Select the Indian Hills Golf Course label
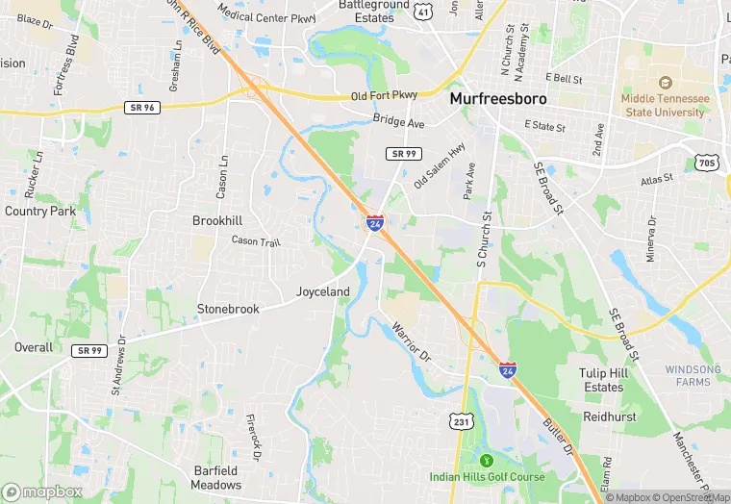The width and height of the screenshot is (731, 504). coord(487,477)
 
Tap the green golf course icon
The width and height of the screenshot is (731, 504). coord(487,461)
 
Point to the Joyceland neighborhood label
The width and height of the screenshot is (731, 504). coord(322,291)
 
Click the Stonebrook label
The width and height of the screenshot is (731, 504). coord(228,309)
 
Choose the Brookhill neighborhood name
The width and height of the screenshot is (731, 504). coord(217,220)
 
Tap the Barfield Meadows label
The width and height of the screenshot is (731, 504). coord(215,478)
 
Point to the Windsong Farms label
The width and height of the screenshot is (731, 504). coord(693,375)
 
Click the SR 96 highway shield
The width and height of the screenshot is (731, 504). coord(141,108)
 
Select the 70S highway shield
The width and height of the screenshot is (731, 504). coord(707,164)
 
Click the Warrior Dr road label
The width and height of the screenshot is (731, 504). coord(412,342)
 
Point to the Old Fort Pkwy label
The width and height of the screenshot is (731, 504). coord(384,95)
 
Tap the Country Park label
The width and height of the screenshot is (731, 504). coord(39,211)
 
